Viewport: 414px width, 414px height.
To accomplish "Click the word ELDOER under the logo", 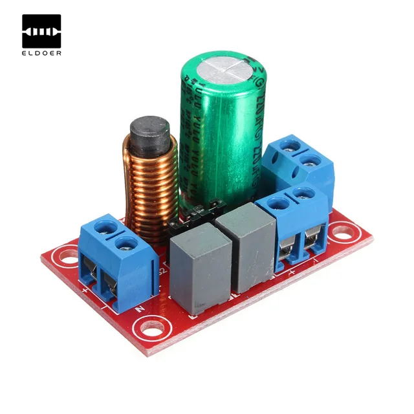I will pos(41,53).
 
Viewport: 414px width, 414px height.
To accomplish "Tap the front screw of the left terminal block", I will pos(127,244).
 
